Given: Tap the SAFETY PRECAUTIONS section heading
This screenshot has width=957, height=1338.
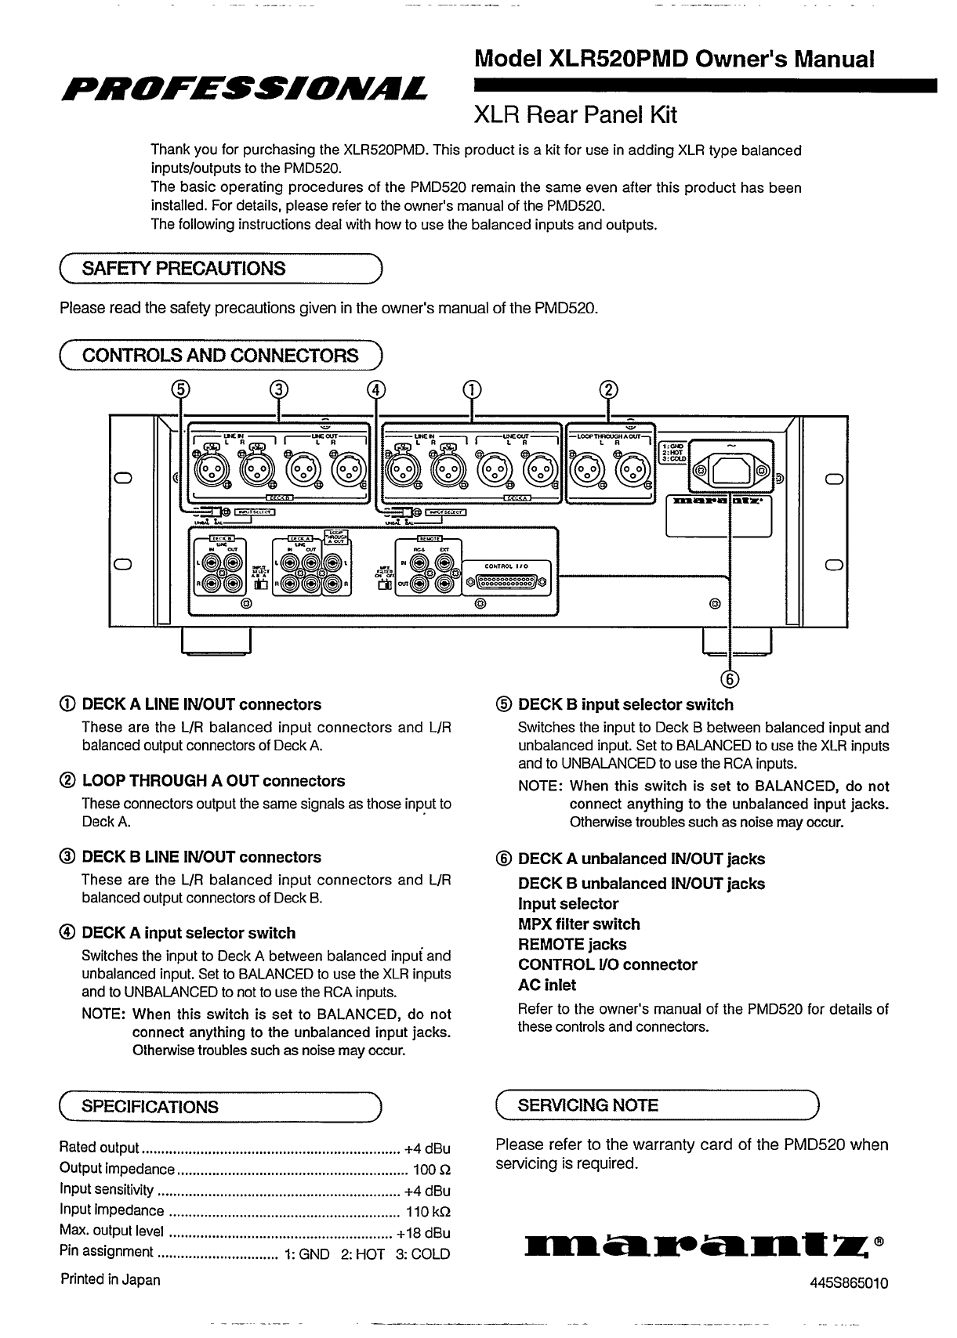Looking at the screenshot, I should (x=183, y=269).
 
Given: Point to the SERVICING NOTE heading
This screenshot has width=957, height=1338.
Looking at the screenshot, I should (x=588, y=1105).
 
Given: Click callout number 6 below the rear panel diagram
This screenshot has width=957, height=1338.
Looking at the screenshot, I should (x=730, y=678).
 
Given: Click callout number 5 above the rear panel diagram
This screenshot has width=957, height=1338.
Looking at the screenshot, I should (x=182, y=389).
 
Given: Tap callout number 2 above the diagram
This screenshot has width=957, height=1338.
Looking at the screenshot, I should (x=609, y=389).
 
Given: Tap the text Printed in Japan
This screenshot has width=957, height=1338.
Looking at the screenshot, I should (x=111, y=1280).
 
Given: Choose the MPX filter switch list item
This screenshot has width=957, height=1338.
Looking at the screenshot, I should (x=578, y=924).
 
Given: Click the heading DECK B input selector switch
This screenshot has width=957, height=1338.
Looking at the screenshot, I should (x=625, y=705).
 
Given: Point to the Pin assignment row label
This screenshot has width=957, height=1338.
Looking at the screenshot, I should (x=106, y=1252).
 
